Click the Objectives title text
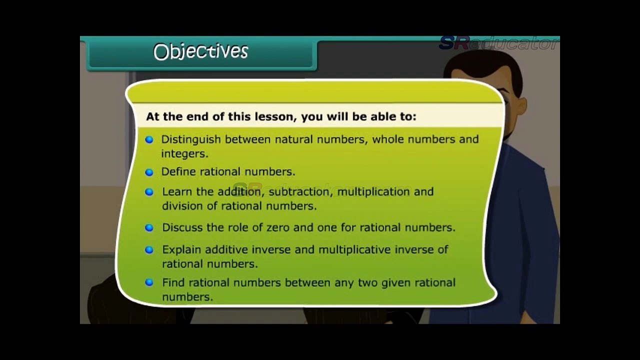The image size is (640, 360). [x=200, y=51]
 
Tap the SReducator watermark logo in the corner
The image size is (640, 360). [x=498, y=43]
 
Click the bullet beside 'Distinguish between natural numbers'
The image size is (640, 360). [x=149, y=139]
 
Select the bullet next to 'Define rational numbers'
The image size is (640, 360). [x=149, y=172]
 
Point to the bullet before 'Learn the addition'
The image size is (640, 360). [x=149, y=192]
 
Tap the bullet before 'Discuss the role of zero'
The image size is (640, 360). [x=149, y=227]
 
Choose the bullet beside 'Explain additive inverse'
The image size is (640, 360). [x=149, y=249]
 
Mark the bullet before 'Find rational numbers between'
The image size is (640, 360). [x=149, y=282]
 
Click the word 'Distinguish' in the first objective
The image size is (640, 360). [x=191, y=139]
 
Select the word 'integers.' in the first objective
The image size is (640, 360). [x=184, y=154]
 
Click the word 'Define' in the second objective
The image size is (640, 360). [x=178, y=172]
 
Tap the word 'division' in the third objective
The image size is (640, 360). [x=182, y=206]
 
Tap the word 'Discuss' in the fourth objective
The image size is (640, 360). [x=182, y=227]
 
